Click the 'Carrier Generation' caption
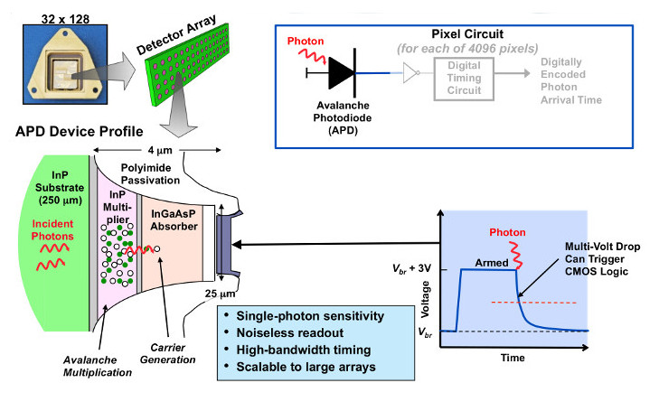[170, 353]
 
